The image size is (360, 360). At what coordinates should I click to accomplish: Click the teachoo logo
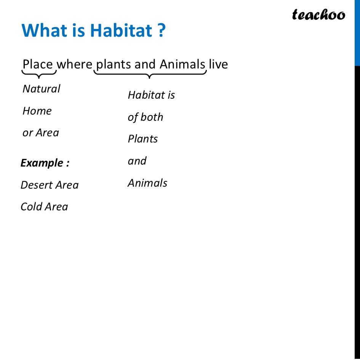(x=318, y=14)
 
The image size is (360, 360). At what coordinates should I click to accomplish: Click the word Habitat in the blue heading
(x=121, y=30)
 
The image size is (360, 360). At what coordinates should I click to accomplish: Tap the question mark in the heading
(x=162, y=30)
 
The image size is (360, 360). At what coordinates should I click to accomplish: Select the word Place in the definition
(x=38, y=64)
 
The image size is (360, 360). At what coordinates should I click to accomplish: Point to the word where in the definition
(x=74, y=64)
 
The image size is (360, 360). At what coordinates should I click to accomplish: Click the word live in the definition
(x=218, y=64)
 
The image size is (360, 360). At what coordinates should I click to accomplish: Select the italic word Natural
(x=41, y=89)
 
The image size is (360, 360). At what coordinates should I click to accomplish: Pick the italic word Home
(x=37, y=111)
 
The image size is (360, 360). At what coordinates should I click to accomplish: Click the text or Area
(x=41, y=133)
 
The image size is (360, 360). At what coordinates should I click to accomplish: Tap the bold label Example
(x=45, y=163)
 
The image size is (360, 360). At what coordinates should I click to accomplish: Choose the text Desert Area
(x=50, y=185)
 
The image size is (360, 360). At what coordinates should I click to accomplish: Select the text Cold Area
(x=44, y=206)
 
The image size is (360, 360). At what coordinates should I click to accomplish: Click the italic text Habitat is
(x=151, y=95)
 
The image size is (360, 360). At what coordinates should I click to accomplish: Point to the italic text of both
(x=145, y=117)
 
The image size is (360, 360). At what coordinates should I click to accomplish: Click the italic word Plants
(x=142, y=139)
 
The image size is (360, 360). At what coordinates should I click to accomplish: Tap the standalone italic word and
(x=137, y=161)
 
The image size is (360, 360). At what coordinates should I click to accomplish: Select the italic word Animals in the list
(x=147, y=183)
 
